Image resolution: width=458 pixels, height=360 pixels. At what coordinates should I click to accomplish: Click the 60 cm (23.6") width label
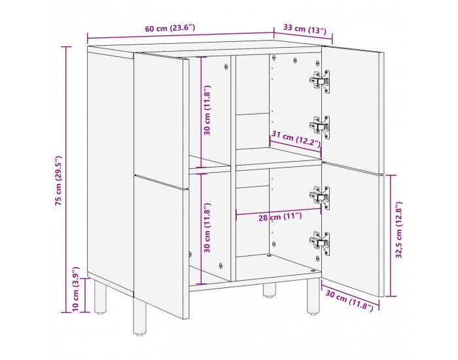169,28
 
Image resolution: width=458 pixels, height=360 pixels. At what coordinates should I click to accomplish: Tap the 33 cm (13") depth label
304,29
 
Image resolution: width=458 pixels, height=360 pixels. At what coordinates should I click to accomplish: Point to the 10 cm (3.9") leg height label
77,289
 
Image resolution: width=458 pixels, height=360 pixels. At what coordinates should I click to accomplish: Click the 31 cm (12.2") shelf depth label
296,139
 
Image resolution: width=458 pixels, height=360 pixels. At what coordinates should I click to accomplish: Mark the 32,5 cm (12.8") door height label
397,234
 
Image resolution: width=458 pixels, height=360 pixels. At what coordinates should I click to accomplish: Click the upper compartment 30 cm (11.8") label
207,110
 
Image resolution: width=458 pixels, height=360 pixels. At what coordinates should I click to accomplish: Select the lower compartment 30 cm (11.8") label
207,227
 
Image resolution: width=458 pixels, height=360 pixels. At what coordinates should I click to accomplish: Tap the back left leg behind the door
100,298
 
